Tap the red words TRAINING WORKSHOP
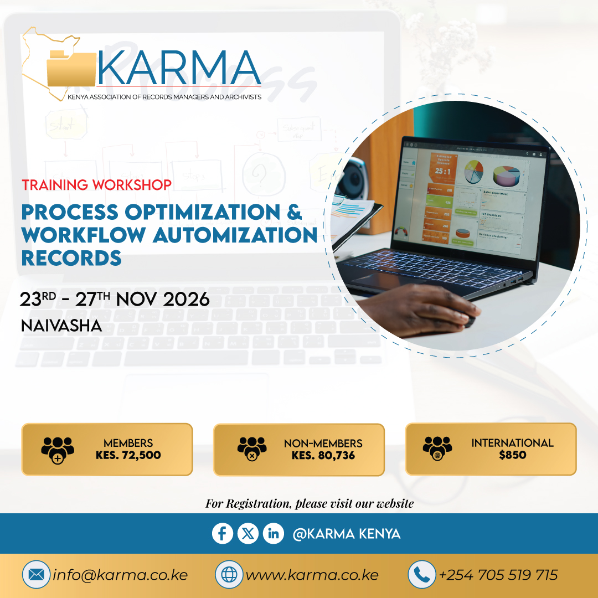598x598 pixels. tap(96, 185)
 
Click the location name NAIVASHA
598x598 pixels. tap(61, 326)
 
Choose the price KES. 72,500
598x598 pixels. tap(128, 455)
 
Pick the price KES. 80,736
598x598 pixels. tap(323, 456)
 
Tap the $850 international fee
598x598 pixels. tap(512, 455)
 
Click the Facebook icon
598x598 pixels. tap(223, 534)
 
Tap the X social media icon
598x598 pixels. tap(248, 534)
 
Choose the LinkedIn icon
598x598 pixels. tap(273, 534)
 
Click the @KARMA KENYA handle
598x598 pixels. tap(347, 534)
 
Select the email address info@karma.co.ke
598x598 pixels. tap(120, 575)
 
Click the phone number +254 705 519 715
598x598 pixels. tap(498, 575)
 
